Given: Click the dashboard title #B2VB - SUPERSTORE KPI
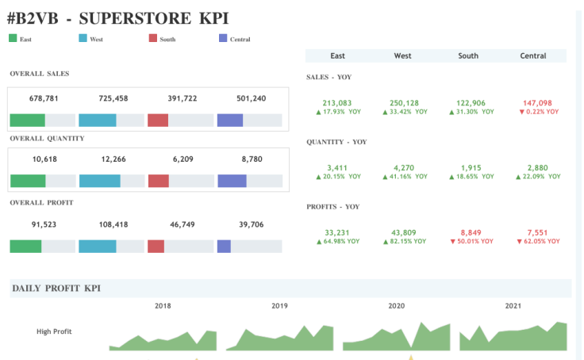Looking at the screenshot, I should click(118, 17).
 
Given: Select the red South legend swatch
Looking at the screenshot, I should click(152, 38).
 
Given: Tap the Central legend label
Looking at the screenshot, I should click(240, 39).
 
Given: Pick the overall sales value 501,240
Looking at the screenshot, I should click(252, 98).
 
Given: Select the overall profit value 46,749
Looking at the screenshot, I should click(182, 224).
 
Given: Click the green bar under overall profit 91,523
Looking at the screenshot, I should click(25, 246).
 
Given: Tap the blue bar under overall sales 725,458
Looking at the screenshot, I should click(98, 121).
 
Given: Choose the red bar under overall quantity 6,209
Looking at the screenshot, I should click(158, 181).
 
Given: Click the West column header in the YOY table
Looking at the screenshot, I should click(402, 56).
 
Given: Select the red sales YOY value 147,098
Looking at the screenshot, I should click(538, 103).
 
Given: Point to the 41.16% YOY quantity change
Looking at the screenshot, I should click(405, 177).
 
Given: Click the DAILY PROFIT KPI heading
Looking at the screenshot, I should click(56, 289).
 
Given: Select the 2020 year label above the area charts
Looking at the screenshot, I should click(396, 305).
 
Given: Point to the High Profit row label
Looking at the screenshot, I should click(54, 331).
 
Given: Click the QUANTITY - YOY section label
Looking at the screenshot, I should click(336, 142).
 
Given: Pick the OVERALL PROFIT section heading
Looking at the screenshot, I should click(41, 203).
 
